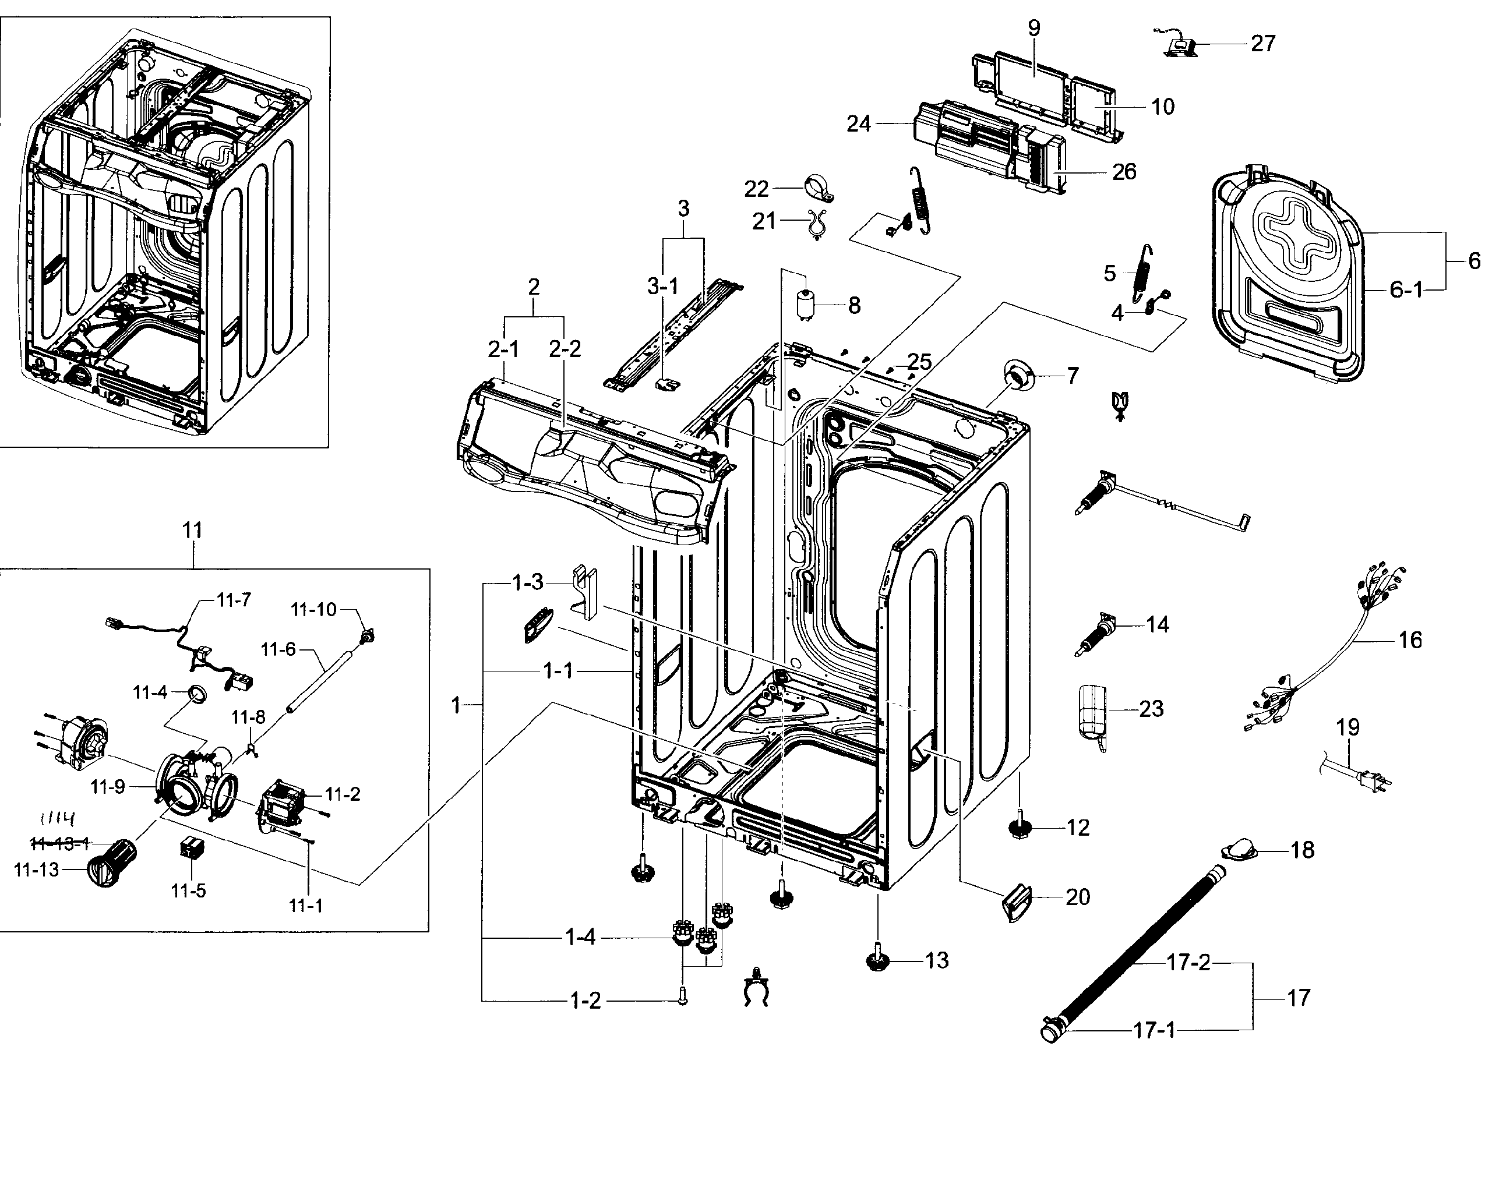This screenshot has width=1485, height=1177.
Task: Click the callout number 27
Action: [x=1262, y=44]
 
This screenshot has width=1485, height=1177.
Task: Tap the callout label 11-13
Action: [x=37, y=870]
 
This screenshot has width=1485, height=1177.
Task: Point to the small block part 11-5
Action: [x=188, y=848]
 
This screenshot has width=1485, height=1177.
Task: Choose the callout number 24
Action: [x=858, y=124]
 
